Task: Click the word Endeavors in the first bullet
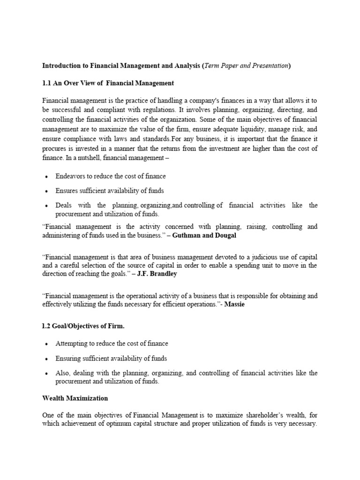click(71, 176)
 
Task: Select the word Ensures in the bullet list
click(67, 191)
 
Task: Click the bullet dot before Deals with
click(46, 206)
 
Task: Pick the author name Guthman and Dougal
click(204, 235)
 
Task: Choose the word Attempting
click(72, 343)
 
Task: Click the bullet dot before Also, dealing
click(46, 374)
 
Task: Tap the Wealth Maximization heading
click(75, 398)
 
